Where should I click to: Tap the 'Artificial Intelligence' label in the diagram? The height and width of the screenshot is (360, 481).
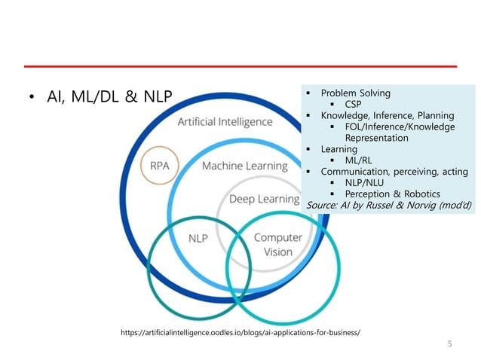225,121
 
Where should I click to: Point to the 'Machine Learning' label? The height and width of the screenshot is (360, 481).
244,166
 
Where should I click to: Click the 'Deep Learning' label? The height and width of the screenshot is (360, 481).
264,199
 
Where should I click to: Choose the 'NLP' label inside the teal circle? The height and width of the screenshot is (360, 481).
198,237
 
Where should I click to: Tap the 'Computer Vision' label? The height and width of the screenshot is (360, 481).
277,245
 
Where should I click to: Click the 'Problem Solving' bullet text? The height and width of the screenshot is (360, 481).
356,93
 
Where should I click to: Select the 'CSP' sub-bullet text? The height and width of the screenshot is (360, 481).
355,105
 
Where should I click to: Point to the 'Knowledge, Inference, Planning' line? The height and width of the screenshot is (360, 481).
388,116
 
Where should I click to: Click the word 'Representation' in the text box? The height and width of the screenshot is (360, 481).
376,139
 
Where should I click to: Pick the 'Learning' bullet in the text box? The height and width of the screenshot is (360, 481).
339,150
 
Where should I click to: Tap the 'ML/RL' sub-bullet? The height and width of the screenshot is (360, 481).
360,161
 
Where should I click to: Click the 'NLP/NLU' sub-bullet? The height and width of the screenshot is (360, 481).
365,184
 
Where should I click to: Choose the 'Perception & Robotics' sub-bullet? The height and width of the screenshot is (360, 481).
392,195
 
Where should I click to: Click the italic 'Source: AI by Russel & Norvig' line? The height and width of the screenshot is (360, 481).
389,206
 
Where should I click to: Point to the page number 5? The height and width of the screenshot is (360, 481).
450,344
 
